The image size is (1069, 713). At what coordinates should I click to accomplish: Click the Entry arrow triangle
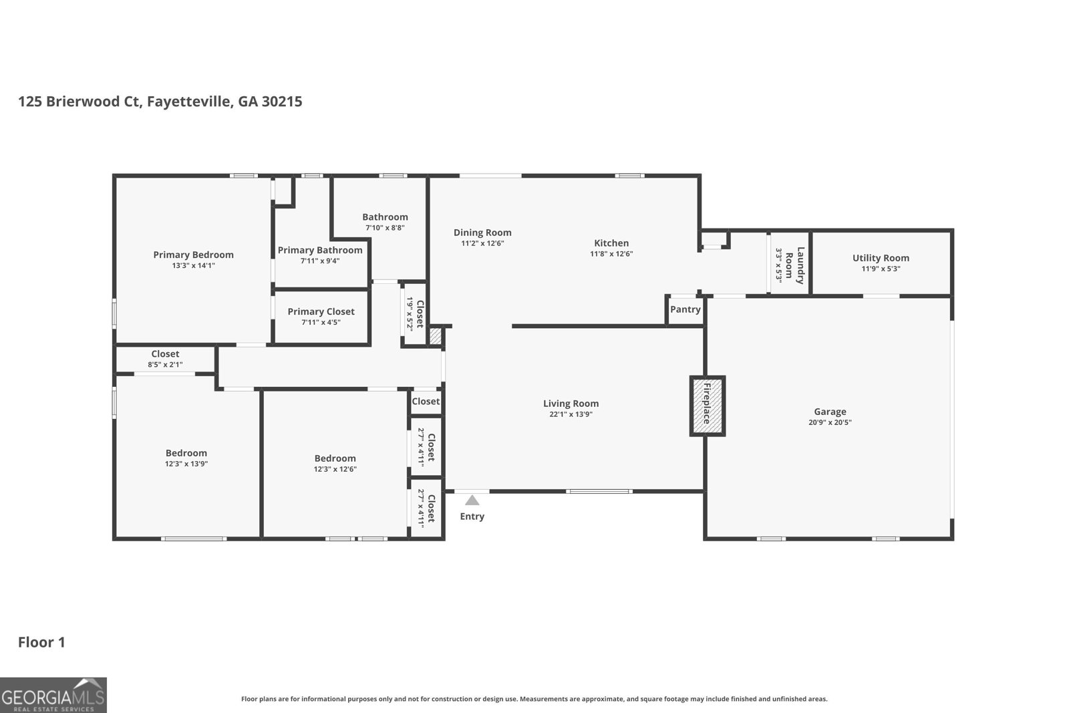click(472, 501)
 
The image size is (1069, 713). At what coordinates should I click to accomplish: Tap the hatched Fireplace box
click(707, 406)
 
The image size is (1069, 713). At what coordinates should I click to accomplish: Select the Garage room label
click(830, 412)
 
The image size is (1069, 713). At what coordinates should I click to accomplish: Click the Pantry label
click(685, 309)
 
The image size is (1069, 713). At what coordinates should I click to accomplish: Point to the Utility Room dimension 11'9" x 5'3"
click(881, 269)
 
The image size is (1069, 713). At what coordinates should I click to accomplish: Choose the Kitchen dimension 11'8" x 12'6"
click(611, 254)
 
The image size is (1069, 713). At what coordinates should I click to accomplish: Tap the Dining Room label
click(482, 233)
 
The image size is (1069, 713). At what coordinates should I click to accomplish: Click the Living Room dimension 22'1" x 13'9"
click(571, 414)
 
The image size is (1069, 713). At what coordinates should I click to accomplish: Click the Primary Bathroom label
click(320, 250)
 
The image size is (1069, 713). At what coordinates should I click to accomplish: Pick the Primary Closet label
click(321, 311)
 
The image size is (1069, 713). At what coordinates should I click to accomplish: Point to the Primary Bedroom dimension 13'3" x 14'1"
click(193, 265)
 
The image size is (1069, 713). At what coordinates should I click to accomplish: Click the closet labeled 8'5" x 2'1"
click(165, 359)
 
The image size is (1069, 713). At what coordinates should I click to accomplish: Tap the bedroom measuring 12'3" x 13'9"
click(186, 458)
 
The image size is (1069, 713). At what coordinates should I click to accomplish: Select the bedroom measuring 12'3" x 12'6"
click(335, 463)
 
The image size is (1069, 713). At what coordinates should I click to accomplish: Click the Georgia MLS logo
click(53, 695)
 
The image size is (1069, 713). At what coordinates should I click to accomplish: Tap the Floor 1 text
click(41, 642)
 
